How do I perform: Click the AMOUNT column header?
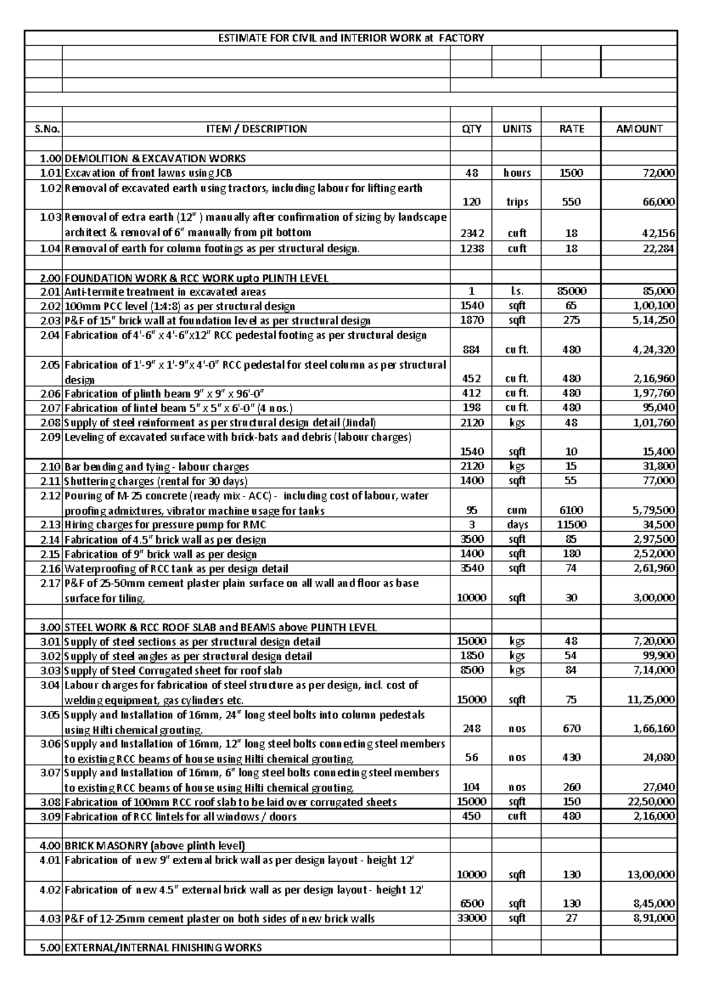click(x=639, y=129)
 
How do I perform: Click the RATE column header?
click(x=571, y=129)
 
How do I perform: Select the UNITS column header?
click(x=517, y=129)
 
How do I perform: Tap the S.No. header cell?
click(x=44, y=129)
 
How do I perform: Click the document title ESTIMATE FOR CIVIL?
click(x=350, y=38)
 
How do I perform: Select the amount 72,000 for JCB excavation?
click(x=658, y=173)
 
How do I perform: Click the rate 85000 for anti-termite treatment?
click(x=571, y=291)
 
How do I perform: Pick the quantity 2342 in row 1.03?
click(x=472, y=233)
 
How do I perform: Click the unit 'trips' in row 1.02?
click(x=517, y=202)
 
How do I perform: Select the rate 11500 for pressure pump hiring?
click(x=571, y=525)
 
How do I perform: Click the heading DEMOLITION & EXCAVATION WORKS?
click(x=155, y=159)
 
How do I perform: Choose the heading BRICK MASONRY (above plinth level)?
click(x=154, y=845)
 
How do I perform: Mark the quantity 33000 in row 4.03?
click(x=472, y=918)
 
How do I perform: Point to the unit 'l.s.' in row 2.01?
click(x=517, y=291)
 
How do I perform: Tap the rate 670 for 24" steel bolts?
click(x=571, y=729)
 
